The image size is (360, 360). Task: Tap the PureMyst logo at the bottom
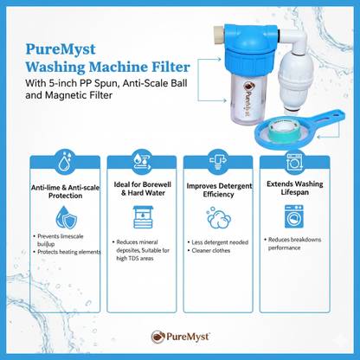pyautogui.click(x=180, y=337)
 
